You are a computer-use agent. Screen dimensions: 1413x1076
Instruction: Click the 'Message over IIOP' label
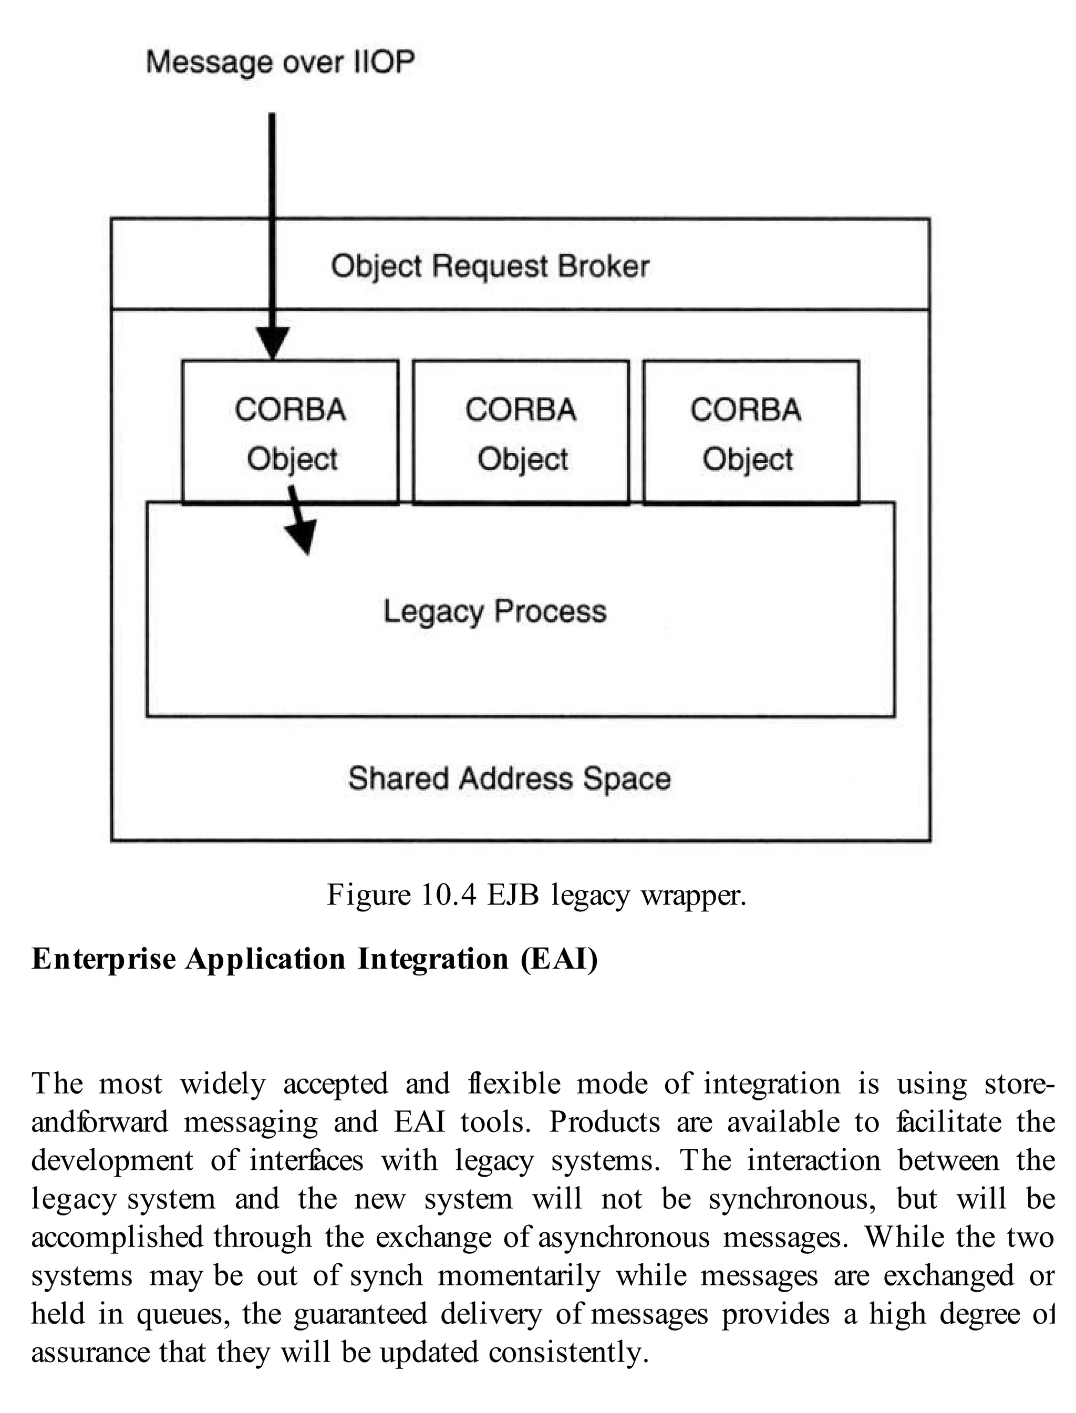pos(280,62)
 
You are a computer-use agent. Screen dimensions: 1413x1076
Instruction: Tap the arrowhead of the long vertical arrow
pos(272,344)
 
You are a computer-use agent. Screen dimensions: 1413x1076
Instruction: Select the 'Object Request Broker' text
pos(490,266)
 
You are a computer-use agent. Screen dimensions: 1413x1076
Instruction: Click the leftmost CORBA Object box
pos(290,432)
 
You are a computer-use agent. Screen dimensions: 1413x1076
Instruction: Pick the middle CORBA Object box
pos(521,432)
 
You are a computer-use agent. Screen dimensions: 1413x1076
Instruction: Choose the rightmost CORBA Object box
pos(751,432)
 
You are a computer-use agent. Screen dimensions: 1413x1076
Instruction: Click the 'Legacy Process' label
pos(494,611)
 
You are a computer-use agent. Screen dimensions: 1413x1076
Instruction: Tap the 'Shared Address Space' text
pos(509,778)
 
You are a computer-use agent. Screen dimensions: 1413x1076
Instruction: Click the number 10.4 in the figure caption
pos(448,895)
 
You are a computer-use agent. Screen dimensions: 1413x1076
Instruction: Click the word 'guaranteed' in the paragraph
pos(360,1314)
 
